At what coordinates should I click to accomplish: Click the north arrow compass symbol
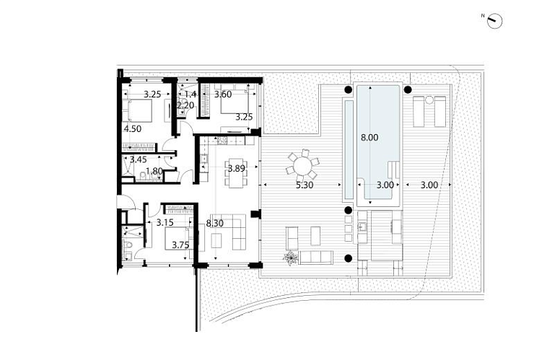point(494,21)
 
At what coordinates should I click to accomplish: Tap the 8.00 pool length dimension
point(369,138)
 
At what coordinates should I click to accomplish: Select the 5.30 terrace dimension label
point(305,185)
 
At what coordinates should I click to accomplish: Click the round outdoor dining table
point(302,166)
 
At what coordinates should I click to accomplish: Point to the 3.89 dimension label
point(237,169)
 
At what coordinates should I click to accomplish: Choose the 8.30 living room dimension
point(214,224)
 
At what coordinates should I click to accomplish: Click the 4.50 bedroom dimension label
point(133,129)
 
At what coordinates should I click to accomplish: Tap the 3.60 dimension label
point(223,95)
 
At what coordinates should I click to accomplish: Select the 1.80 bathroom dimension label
point(154,171)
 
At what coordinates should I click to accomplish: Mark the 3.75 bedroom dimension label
point(180,245)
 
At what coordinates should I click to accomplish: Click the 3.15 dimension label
point(165,223)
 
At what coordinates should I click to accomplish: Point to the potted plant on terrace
point(291,258)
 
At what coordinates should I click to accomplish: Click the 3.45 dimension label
point(139,159)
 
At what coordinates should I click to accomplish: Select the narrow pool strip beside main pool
point(349,149)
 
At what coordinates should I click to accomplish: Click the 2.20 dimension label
point(185,105)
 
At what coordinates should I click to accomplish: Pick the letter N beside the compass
point(483,16)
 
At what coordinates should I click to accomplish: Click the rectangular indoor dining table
point(236,172)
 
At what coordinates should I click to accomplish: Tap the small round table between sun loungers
point(429,100)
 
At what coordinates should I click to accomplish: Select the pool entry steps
point(393,170)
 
